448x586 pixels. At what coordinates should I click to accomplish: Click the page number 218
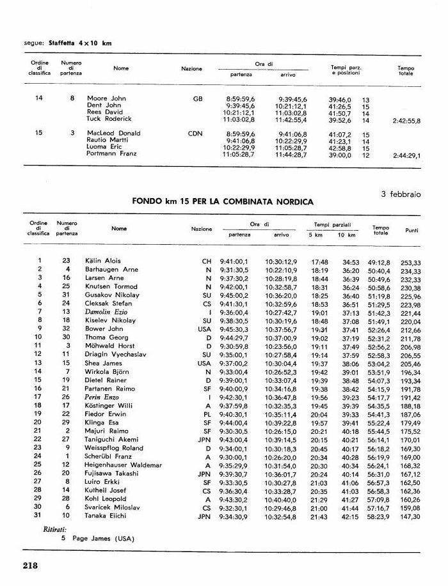point(31,565)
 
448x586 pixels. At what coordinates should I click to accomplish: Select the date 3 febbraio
point(401,194)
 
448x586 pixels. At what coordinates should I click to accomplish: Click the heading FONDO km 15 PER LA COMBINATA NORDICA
point(223,202)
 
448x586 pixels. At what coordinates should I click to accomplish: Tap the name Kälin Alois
point(102,261)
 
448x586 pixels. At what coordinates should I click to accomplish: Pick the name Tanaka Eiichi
point(106,516)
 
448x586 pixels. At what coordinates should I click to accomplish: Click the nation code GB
point(197,99)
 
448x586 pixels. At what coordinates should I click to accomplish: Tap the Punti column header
point(412,229)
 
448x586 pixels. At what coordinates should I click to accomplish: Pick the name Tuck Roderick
point(109,119)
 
